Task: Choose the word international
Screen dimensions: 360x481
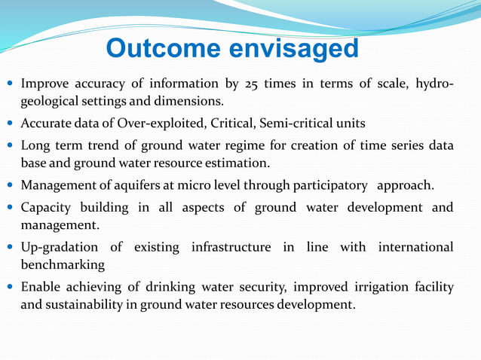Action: point(415,248)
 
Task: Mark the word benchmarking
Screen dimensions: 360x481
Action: point(63,265)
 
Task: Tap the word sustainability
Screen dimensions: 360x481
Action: point(86,305)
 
